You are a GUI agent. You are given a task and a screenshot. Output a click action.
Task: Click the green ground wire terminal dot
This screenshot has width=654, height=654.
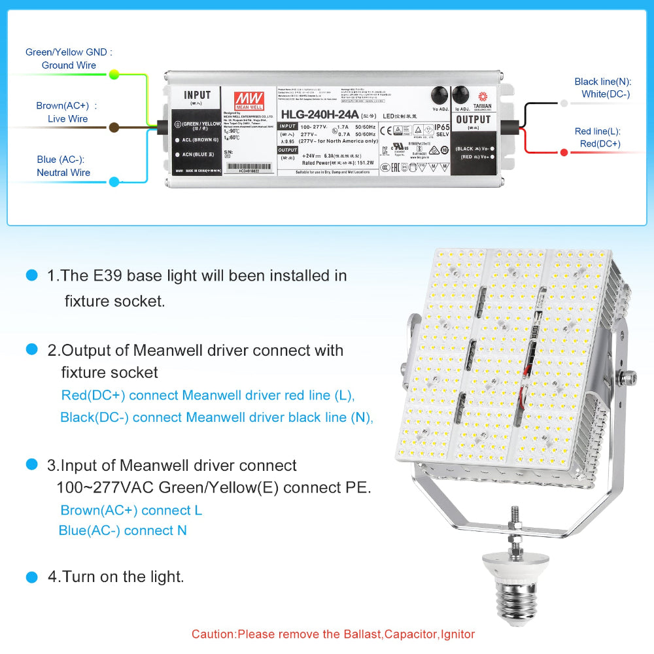coord(114,75)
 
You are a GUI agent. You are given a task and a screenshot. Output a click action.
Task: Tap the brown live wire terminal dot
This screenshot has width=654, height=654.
coord(114,128)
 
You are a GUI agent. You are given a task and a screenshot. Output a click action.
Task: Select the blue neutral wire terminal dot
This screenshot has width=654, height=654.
coord(114,182)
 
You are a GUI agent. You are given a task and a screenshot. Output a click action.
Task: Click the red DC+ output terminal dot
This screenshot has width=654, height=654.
coord(564,152)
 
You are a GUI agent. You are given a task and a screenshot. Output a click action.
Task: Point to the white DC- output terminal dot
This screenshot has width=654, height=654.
coord(564,103)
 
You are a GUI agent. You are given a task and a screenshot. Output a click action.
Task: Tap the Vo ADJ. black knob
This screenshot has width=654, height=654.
coord(439,95)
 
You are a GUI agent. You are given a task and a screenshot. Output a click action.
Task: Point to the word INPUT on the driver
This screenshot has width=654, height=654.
coord(198,95)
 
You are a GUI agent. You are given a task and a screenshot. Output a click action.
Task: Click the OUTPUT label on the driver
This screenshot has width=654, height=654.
coord(473,120)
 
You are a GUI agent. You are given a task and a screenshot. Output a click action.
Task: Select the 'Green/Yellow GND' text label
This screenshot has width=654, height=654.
coord(69,52)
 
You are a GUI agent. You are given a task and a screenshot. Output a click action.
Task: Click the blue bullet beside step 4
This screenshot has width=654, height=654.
coord(31,577)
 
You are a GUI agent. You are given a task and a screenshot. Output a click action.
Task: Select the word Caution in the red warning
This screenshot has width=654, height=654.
coord(213,634)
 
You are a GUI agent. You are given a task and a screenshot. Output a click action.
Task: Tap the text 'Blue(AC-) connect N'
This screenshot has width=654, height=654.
coord(122,530)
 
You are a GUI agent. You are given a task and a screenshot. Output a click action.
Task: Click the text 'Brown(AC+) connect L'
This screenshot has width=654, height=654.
coord(131,510)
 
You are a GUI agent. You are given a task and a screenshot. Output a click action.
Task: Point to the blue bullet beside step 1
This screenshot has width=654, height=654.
coord(31,275)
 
